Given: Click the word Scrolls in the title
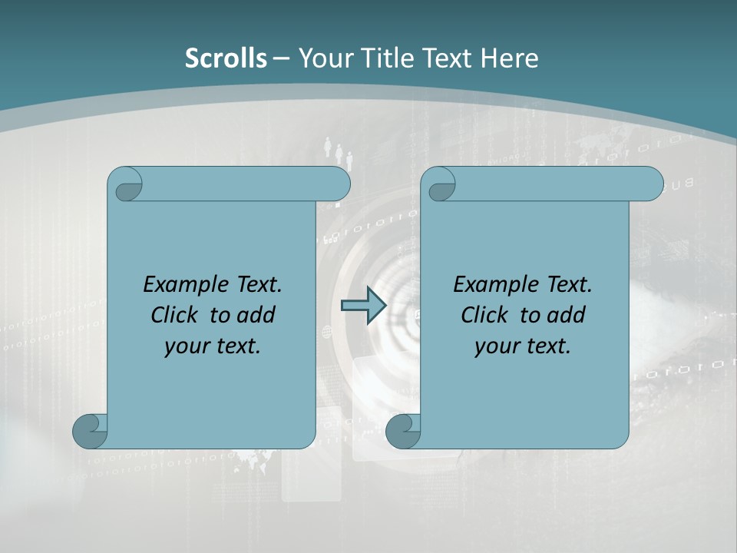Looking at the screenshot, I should (x=226, y=58).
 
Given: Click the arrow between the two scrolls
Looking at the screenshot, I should (x=364, y=306).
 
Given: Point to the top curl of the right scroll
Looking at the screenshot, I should (x=441, y=184).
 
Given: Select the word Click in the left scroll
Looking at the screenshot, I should (x=175, y=315).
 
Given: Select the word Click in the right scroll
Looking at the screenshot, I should (x=484, y=315).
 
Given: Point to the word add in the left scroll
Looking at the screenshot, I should (x=257, y=315).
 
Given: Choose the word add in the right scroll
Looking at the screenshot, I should (x=567, y=315).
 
